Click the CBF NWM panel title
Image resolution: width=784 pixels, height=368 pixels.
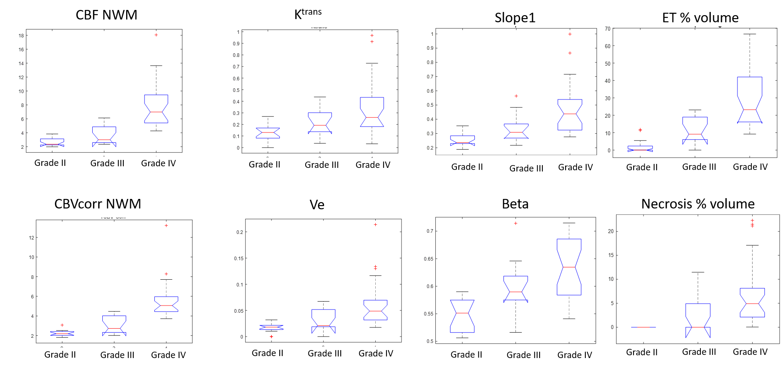pos(106,15)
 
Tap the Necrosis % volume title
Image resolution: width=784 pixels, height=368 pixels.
pos(698,204)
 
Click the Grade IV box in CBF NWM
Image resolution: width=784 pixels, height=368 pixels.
pos(156,109)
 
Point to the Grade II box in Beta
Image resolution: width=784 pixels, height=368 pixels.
pos(462,316)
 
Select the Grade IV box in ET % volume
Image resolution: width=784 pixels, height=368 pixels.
pos(749,99)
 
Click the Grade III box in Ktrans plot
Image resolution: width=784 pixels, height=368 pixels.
pos(320,123)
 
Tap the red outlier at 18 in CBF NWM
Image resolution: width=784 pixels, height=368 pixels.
pos(156,35)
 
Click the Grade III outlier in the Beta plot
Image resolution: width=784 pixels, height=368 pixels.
pos(515,223)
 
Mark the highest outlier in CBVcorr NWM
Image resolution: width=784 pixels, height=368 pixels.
pos(166,226)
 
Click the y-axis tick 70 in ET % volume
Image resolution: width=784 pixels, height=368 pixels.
pos(607,29)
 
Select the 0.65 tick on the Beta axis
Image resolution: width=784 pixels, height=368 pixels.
pos(429,259)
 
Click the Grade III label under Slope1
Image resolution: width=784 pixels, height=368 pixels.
pos(526,168)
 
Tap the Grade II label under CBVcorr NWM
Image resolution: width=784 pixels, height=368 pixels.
pos(60,354)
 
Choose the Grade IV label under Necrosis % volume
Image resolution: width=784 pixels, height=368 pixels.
pos(750,352)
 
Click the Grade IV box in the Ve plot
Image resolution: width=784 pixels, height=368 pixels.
pos(375,310)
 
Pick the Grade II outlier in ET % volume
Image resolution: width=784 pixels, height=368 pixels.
pos(640,130)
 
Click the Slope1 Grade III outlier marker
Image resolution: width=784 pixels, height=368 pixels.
pos(516,96)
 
